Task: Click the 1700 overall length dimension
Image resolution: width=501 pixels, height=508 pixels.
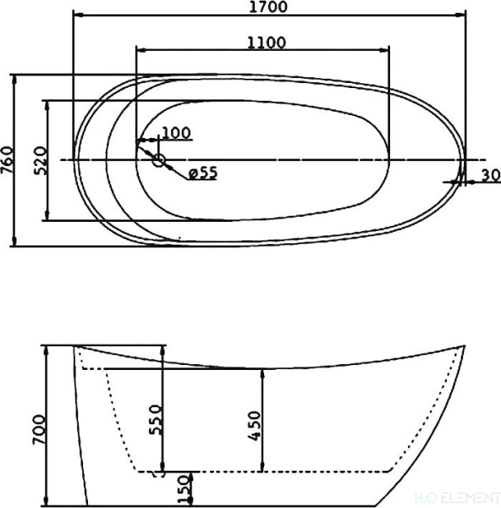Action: coord(268,8)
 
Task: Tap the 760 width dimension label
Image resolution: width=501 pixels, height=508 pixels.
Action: coord(8,160)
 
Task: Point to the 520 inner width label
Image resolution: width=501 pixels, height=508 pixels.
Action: coord(39,160)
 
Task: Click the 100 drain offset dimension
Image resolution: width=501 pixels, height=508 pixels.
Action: coord(175,132)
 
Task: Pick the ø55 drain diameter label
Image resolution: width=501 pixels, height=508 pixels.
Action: coord(203,173)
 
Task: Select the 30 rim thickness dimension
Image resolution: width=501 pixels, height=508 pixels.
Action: coord(489,175)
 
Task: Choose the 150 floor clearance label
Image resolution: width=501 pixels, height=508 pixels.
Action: coord(183,489)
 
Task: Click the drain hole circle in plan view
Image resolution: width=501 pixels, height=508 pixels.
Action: coord(157,159)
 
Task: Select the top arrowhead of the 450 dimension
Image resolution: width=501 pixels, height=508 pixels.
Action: coord(264,373)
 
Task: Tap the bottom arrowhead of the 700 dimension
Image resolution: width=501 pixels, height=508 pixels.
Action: coord(46,503)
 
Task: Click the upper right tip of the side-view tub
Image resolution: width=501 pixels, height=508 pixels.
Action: coord(465,345)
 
